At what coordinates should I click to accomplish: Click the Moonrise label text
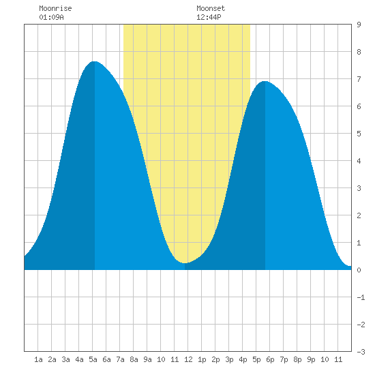55,9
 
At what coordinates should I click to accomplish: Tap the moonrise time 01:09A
51,17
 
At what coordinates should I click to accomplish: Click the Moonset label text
211,9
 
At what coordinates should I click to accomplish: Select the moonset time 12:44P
209,17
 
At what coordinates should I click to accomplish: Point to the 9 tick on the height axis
359,25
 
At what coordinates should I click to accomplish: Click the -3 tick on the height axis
361,352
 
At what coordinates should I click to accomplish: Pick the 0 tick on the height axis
359,270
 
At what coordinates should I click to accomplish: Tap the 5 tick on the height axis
359,134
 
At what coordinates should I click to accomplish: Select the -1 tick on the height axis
361,297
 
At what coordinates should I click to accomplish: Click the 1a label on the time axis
38,359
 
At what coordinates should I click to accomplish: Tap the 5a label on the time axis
93,359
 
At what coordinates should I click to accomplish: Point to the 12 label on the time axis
188,359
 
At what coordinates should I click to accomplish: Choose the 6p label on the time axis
270,359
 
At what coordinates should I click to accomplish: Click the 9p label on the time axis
311,359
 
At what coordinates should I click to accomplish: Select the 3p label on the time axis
229,359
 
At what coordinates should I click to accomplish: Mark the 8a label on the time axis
134,359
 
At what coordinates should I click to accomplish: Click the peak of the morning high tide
95,61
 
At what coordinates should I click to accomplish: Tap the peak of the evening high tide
265,82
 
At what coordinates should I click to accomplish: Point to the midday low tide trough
185,263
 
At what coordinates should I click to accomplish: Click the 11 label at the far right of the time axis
338,359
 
